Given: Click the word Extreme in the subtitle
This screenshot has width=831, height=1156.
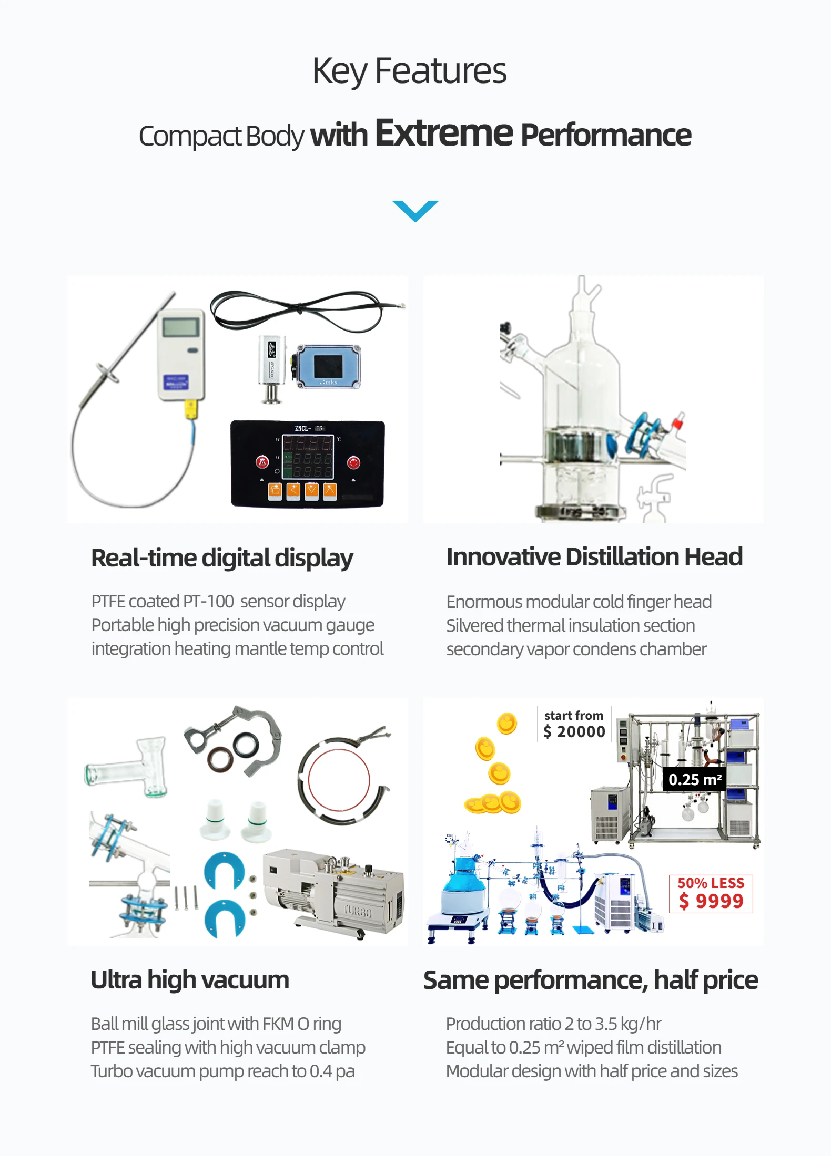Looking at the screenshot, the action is pos(443,133).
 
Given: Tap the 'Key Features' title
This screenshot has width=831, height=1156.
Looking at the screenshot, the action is pos(409,71).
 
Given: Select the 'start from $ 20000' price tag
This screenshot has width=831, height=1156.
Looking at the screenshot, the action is pos(574,724).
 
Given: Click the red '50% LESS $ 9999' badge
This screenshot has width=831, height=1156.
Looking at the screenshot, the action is pos(711,894).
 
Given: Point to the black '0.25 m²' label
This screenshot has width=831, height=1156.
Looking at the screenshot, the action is pos(695,780).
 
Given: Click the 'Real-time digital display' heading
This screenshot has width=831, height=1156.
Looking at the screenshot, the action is pos(222,558).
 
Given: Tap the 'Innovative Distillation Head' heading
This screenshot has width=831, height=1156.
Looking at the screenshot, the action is pos(594,557).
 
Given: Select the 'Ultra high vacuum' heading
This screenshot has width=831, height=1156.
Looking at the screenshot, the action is pos(190,980).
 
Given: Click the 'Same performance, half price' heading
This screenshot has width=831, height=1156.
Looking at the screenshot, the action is pos(591,980).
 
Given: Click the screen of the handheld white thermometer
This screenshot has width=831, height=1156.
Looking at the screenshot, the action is pos(180,327).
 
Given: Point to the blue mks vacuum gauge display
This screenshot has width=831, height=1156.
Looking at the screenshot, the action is pos(328,366).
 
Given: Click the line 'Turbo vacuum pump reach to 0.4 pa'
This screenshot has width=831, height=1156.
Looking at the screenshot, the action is pos(222,1071).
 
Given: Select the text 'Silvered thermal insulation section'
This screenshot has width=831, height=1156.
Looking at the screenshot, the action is pos(571,625).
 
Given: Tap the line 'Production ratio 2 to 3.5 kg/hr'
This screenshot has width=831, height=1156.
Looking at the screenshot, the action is pos(553,1024).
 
